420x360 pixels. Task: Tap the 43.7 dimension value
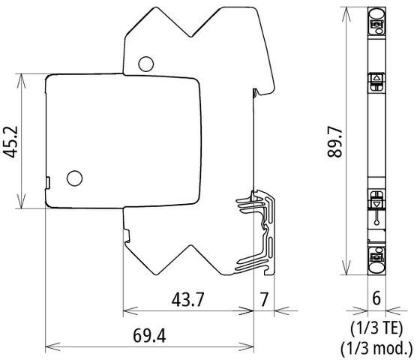point(187,298)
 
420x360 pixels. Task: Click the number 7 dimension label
point(263,298)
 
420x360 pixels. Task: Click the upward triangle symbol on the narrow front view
point(376,79)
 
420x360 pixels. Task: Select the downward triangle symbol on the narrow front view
point(376,200)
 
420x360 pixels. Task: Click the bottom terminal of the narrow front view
point(376,259)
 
